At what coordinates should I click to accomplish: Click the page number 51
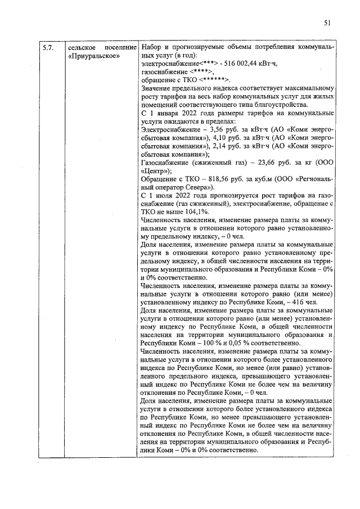pyautogui.click(x=328, y=23)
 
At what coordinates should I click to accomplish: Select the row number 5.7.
pyautogui.click(x=47, y=48)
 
